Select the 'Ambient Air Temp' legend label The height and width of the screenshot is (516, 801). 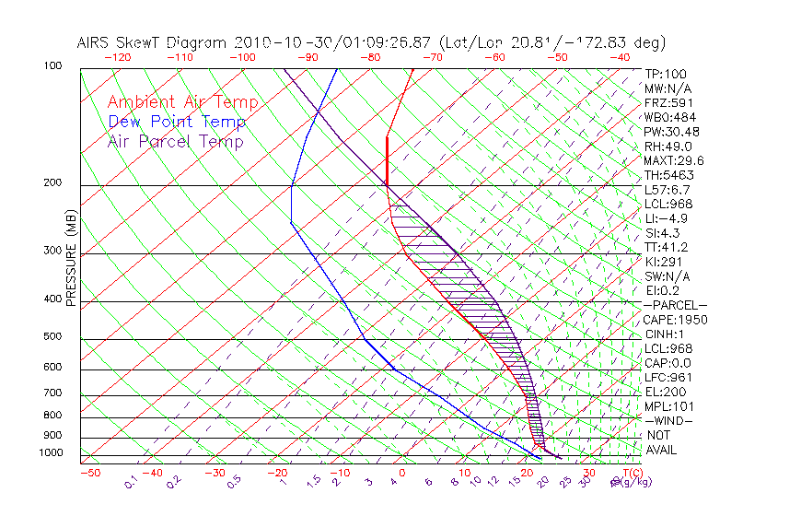pos(182,102)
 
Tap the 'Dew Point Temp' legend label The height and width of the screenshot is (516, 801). pos(176,122)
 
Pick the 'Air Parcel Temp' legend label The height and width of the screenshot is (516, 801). pos(175,141)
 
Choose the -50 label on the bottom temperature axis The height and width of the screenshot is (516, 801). pos(89,474)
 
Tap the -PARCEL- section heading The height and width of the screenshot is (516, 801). pos(675,305)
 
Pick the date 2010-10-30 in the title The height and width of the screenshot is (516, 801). pos(277,42)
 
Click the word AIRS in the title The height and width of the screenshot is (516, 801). pos(96,42)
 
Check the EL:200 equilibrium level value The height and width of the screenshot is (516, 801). pos(664,392)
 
